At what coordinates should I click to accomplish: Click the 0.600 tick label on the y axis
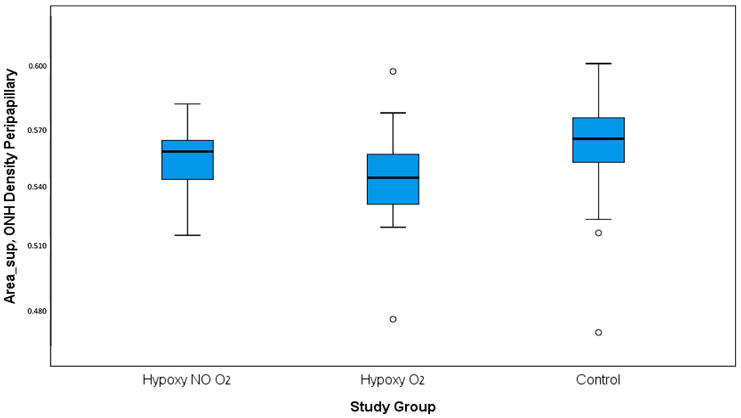coord(37,66)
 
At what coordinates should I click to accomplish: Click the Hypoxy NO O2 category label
coord(187,380)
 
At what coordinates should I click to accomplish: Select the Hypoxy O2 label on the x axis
coord(393,380)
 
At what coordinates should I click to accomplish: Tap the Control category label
coord(598,380)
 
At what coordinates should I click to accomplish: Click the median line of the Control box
coord(598,139)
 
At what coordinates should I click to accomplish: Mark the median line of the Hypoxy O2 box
coord(393,178)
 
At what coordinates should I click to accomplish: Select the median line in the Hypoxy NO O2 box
coord(188,151)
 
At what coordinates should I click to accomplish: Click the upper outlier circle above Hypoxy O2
coord(393,71)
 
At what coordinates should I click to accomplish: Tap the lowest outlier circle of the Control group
coord(598,332)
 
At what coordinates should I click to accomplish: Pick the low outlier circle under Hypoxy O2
coord(393,319)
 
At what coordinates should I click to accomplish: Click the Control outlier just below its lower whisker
coord(598,233)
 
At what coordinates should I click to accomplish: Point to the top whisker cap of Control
coord(598,64)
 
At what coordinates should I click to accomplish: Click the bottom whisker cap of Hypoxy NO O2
coord(188,235)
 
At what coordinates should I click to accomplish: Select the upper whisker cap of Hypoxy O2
coord(393,113)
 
